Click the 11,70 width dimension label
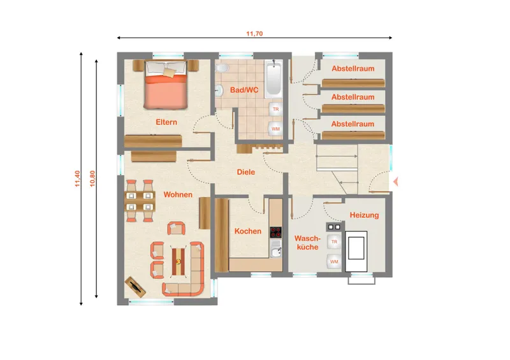(x=254, y=34)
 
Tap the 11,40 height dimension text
(x=77, y=178)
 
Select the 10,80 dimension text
(x=92, y=178)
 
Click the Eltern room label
(x=166, y=122)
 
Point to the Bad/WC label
(x=244, y=90)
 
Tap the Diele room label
(x=246, y=172)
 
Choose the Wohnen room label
(x=178, y=194)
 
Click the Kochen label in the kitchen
(x=248, y=231)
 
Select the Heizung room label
(x=364, y=215)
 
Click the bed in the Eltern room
(x=166, y=85)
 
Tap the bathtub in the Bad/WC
(x=273, y=78)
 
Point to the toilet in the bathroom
(x=222, y=68)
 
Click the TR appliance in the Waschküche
(x=334, y=242)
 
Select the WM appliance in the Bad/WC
(x=275, y=129)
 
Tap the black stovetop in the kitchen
(x=276, y=232)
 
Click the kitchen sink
(x=276, y=252)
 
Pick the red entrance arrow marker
(x=395, y=182)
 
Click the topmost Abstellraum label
(x=353, y=69)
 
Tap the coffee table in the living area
(x=178, y=261)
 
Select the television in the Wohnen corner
(x=136, y=287)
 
